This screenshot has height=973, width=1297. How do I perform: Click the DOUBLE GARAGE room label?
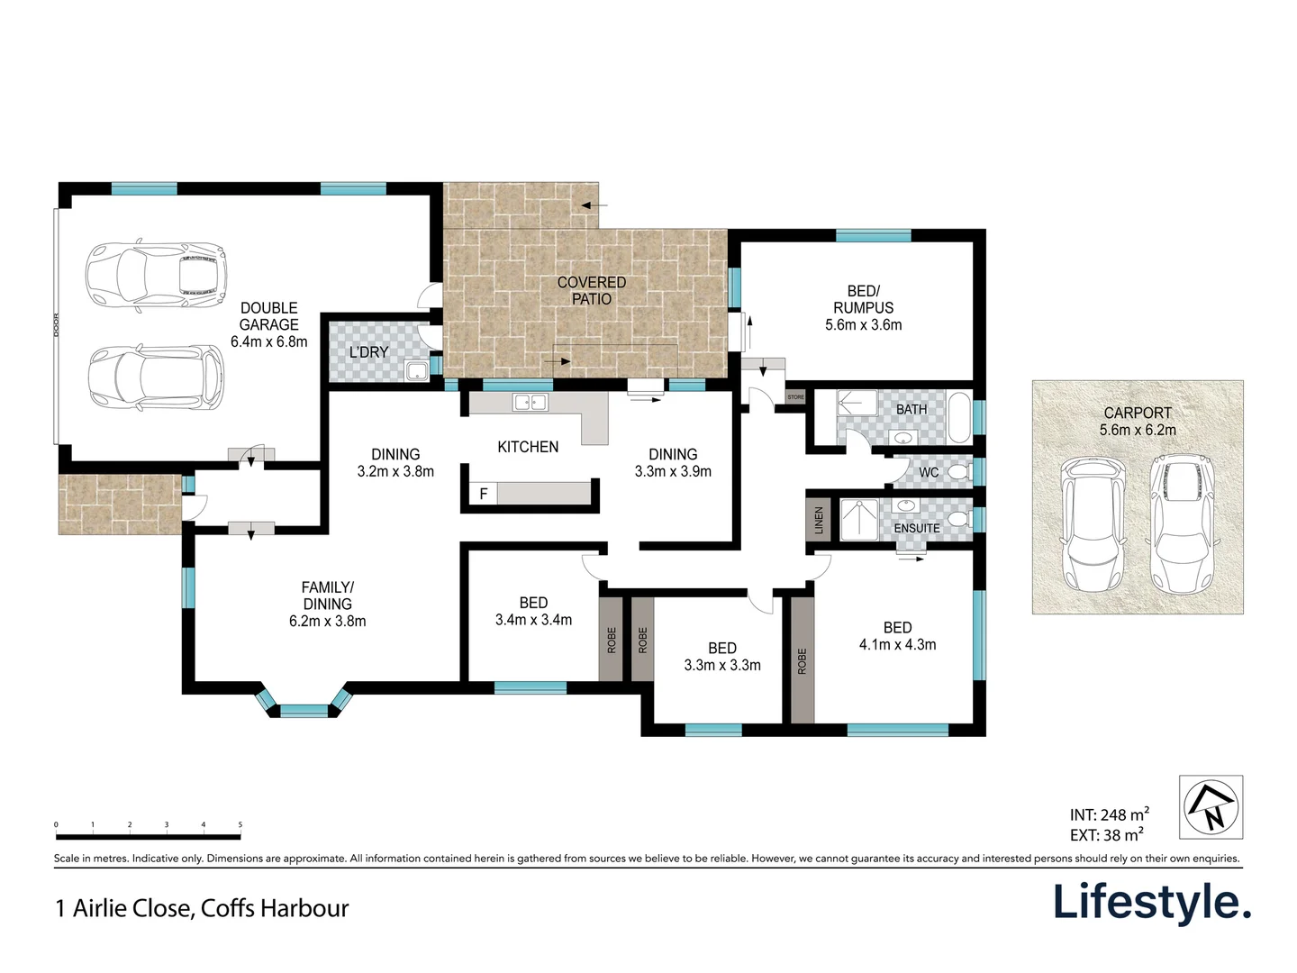[268, 324]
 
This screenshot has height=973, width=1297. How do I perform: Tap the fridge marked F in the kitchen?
[484, 494]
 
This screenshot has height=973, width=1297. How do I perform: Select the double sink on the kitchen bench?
[530, 403]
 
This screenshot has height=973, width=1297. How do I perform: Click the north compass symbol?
[1211, 807]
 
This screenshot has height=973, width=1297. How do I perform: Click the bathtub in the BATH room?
[959, 417]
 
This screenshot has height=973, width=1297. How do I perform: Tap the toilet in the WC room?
[958, 472]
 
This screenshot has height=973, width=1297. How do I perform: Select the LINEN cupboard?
[819, 520]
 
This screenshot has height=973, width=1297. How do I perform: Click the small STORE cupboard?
[795, 397]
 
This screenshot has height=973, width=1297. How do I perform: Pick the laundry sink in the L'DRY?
[416, 370]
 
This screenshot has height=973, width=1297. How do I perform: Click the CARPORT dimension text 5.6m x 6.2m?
[1138, 430]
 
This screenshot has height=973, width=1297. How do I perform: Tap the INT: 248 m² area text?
[1109, 814]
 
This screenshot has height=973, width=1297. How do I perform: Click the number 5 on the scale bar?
[240, 824]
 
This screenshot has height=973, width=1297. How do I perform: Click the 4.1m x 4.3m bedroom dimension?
[897, 644]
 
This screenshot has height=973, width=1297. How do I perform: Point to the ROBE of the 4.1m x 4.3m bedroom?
[803, 659]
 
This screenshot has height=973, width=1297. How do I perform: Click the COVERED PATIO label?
[591, 290]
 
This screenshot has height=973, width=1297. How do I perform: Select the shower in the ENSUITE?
[858, 520]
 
